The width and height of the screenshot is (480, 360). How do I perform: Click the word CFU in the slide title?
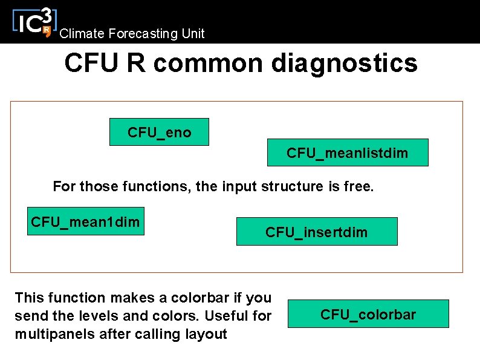pyautogui.click(x=91, y=63)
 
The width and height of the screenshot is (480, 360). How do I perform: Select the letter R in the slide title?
pyautogui.click(x=136, y=63)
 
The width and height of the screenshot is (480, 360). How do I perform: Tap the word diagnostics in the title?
pyautogui.click(x=345, y=63)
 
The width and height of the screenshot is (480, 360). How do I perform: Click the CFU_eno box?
pyautogui.click(x=159, y=132)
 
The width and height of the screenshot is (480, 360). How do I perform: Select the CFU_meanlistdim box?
pyautogui.click(x=348, y=153)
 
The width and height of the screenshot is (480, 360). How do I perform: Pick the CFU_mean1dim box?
pyautogui.click(x=86, y=221)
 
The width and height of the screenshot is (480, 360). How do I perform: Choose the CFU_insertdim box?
pyautogui.click(x=317, y=232)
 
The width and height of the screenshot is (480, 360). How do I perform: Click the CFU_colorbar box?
pyautogui.click(x=368, y=314)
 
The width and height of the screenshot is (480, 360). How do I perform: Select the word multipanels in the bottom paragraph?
pyautogui.click(x=50, y=333)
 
